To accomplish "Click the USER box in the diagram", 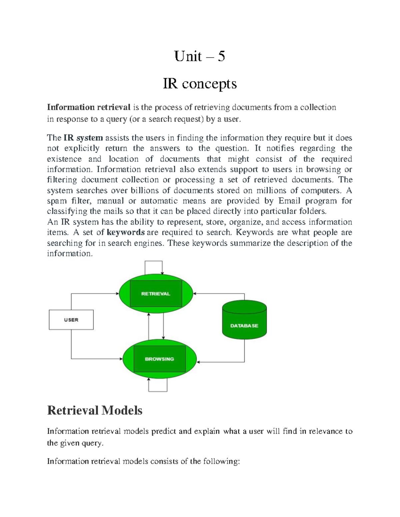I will [x=71, y=320].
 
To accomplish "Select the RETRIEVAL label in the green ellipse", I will [x=156, y=294].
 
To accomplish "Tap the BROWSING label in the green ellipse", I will [x=159, y=359].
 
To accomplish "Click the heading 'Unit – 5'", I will [x=199, y=56].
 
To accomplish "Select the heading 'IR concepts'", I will [x=200, y=84].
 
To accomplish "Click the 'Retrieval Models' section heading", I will [x=95, y=410].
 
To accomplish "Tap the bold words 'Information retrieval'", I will [x=89, y=107].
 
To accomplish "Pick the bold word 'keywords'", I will [x=125, y=232].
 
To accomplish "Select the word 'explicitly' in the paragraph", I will [x=82, y=148].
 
